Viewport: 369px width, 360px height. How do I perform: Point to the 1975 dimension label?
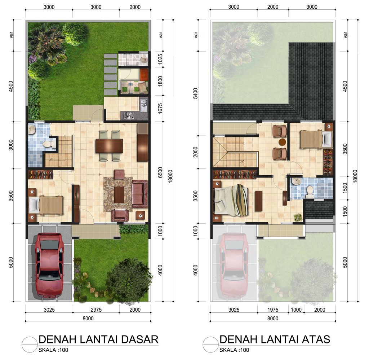(x=273, y=309)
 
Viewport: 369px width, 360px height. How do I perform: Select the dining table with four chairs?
(x=109, y=146)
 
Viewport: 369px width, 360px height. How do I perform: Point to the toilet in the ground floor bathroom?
(x=48, y=144)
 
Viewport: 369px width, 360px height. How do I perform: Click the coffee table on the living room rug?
(x=119, y=194)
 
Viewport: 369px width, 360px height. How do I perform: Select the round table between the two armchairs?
(x=282, y=142)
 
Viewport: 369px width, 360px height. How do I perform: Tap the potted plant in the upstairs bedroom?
(x=298, y=217)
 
